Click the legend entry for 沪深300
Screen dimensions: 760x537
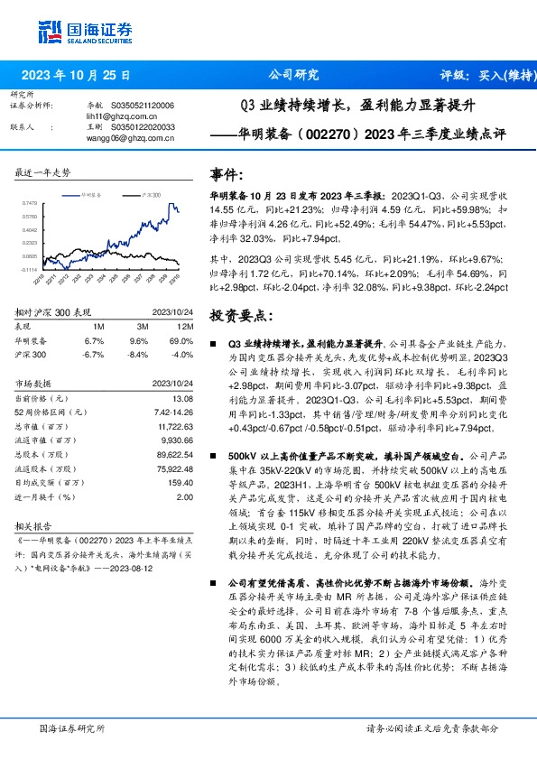tap(151, 194)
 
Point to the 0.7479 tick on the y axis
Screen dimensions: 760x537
tap(30, 204)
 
